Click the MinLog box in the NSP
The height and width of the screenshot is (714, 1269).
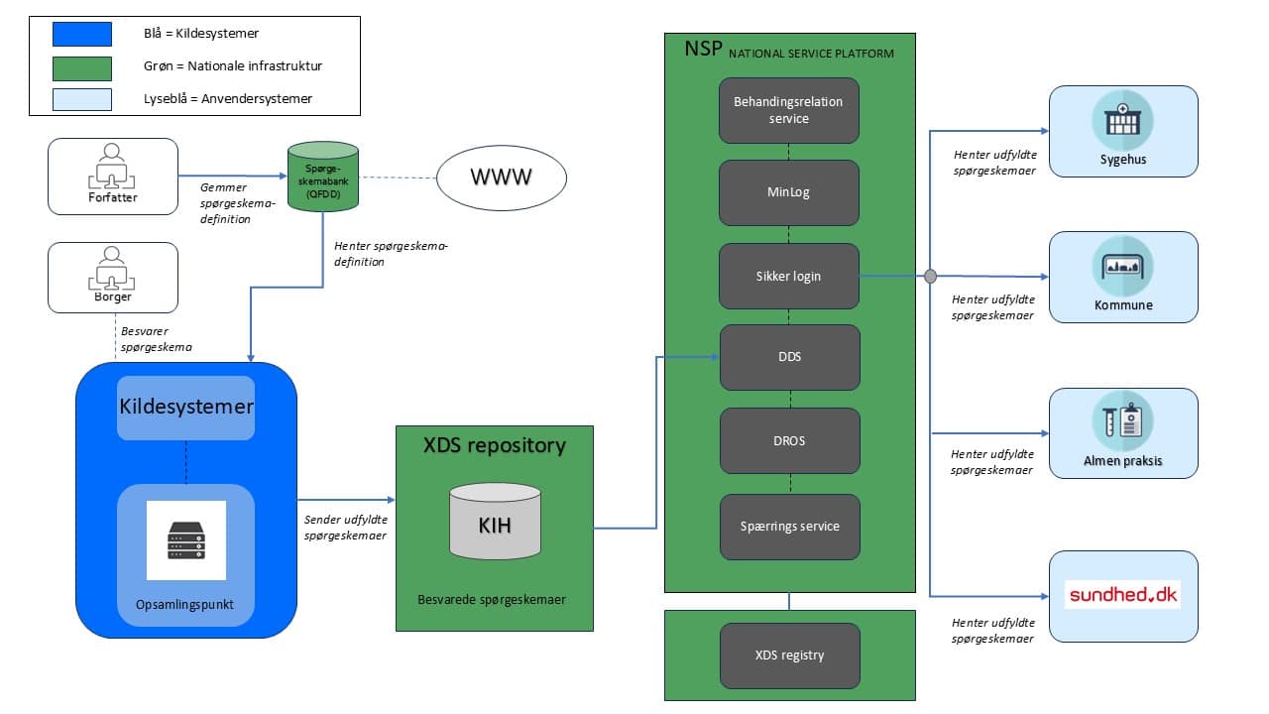(788, 192)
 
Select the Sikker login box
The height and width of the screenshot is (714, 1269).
(788, 276)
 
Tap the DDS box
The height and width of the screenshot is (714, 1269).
(788, 356)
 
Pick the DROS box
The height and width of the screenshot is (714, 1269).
(788, 440)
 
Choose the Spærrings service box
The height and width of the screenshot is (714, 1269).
(788, 527)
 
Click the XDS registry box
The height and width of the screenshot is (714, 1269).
(788, 655)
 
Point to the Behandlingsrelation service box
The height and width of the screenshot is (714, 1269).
(788, 111)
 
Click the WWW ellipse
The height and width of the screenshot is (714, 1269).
(501, 178)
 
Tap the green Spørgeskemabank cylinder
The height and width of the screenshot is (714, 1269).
(323, 177)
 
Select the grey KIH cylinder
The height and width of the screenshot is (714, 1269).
(495, 523)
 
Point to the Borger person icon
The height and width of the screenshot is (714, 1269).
(112, 269)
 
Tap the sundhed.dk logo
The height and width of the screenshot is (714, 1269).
(1122, 595)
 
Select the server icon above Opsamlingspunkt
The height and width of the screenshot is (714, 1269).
(186, 540)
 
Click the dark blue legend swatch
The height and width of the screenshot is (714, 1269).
(82, 34)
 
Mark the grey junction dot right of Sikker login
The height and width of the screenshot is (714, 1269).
(930, 277)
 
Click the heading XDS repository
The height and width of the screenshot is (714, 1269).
(495, 445)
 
